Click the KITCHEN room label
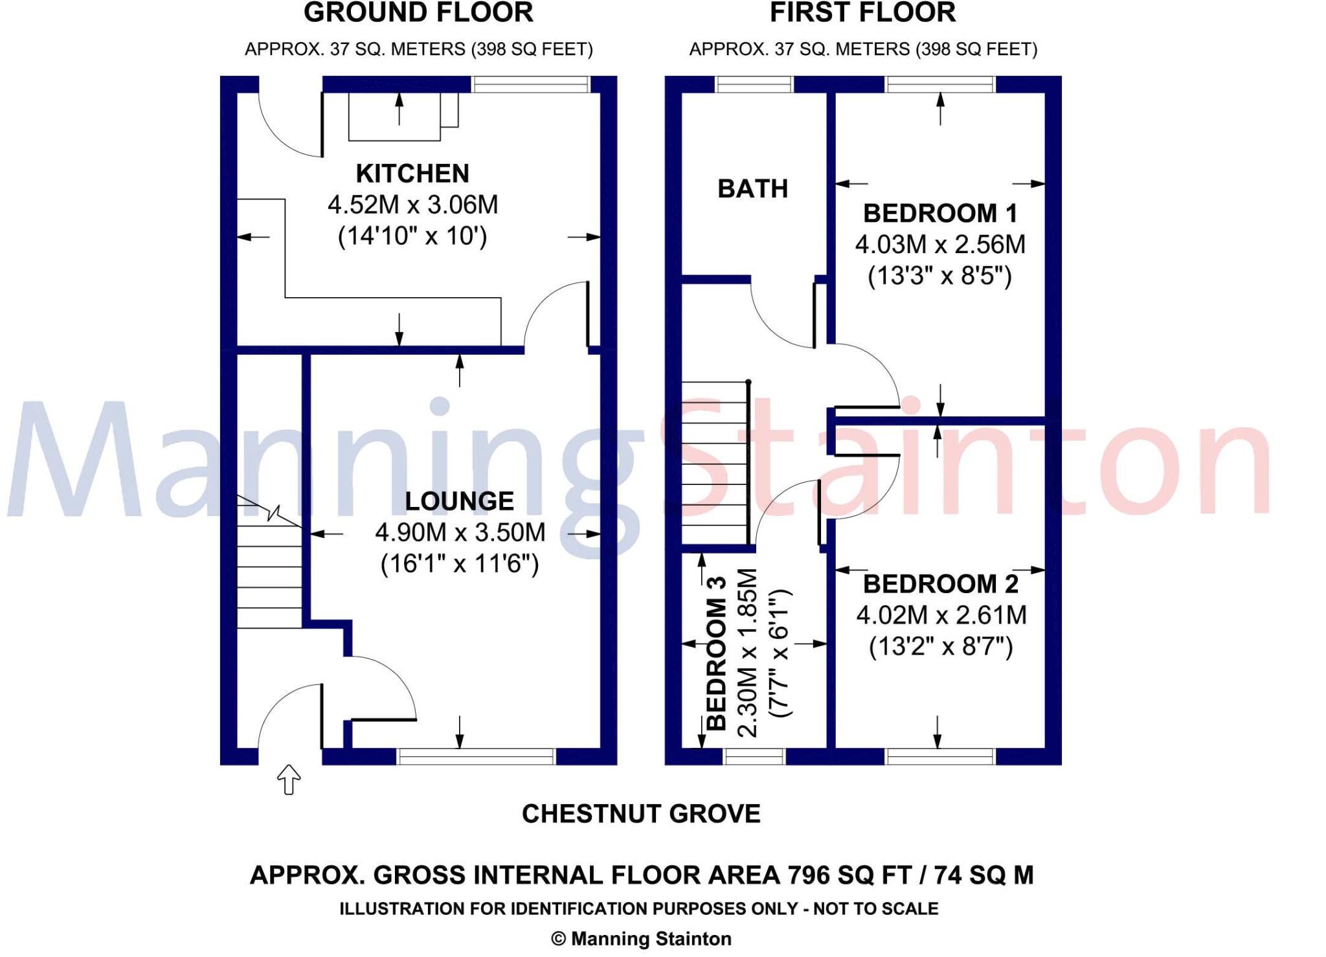(x=412, y=174)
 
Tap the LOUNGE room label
(x=459, y=501)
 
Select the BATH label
(x=752, y=189)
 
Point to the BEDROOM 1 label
(x=940, y=213)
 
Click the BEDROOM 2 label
(x=941, y=584)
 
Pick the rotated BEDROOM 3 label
(x=716, y=653)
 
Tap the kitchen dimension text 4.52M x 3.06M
(x=412, y=205)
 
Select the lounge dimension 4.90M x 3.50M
(x=460, y=532)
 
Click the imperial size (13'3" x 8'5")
(x=939, y=276)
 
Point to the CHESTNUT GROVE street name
(x=641, y=814)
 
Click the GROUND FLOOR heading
(x=418, y=13)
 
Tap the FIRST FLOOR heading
(x=862, y=13)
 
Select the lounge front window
(x=476, y=756)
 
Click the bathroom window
(x=754, y=84)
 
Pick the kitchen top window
(x=531, y=84)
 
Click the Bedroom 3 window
(x=754, y=756)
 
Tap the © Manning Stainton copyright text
(x=641, y=939)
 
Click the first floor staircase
(x=715, y=463)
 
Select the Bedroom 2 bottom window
(x=939, y=756)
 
